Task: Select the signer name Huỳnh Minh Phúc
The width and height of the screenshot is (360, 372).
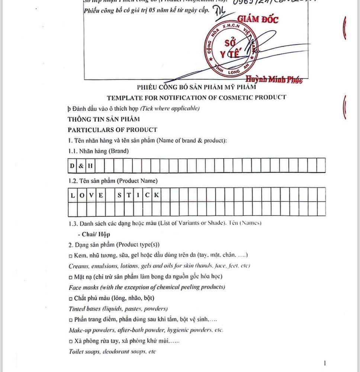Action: point(274,79)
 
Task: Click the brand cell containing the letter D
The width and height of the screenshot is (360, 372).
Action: point(72,166)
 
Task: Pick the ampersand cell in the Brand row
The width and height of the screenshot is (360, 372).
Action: point(81,166)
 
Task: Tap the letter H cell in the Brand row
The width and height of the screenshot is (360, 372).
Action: point(90,166)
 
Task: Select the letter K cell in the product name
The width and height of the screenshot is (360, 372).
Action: point(157,195)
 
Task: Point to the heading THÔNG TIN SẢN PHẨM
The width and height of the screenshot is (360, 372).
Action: point(104,119)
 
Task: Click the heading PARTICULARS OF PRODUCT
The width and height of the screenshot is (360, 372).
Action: point(112,129)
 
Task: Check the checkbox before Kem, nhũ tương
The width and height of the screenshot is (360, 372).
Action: point(71,255)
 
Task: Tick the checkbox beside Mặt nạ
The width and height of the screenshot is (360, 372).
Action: point(71,277)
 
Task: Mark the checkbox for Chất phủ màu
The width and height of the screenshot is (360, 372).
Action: point(71,298)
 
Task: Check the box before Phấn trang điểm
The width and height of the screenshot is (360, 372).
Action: point(71,320)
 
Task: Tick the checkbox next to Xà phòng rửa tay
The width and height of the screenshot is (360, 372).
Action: point(71,341)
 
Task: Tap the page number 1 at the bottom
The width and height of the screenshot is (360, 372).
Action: point(325,363)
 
